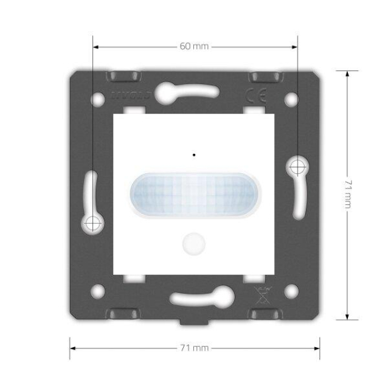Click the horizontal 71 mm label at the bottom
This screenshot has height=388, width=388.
point(195,348)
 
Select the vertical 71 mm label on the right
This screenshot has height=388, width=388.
point(348,193)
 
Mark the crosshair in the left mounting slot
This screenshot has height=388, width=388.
point(92,223)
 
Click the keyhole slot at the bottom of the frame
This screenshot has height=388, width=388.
point(193,297)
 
